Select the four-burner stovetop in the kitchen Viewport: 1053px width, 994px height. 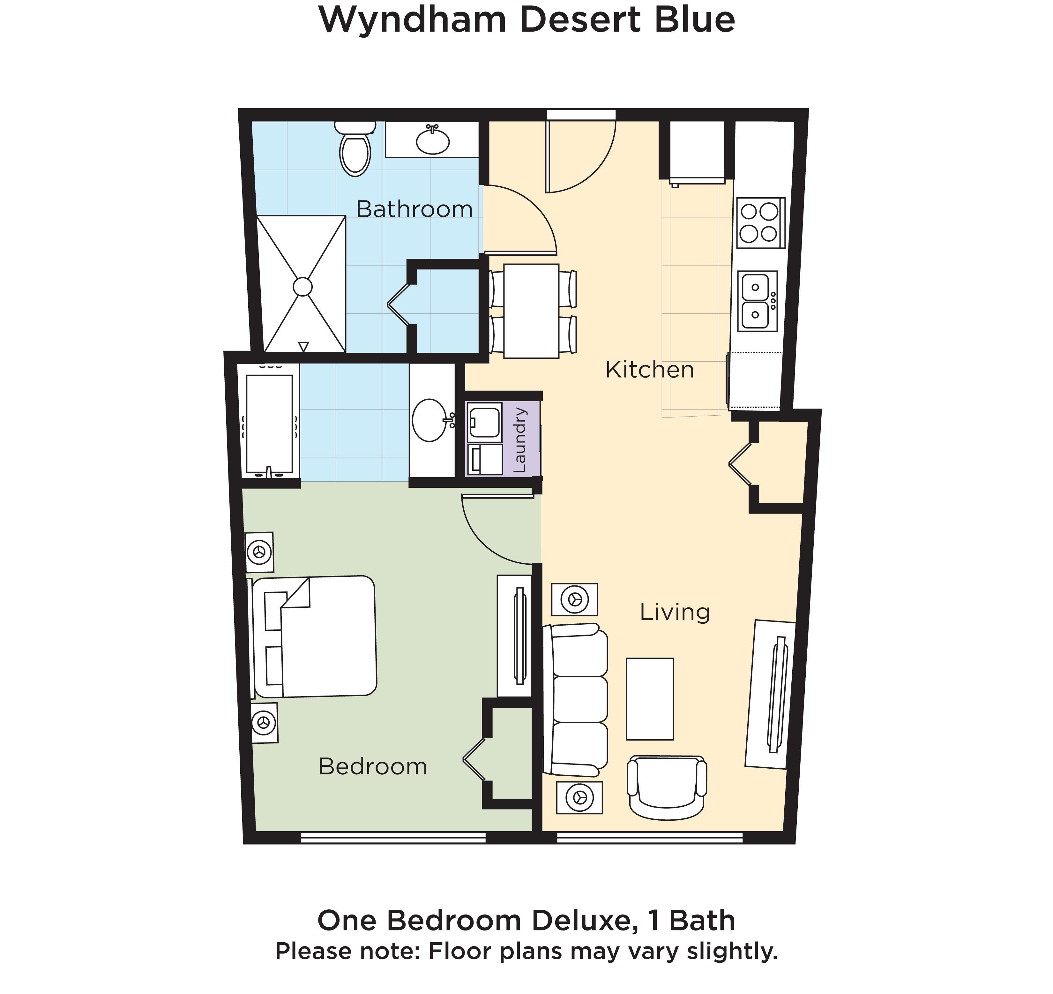(759, 222)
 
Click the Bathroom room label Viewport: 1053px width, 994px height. (414, 209)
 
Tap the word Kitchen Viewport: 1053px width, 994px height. (649, 370)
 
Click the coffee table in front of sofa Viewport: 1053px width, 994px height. (649, 699)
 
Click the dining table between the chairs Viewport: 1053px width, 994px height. (531, 311)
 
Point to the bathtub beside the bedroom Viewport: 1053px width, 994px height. (269, 424)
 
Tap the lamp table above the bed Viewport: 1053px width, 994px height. (259, 552)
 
